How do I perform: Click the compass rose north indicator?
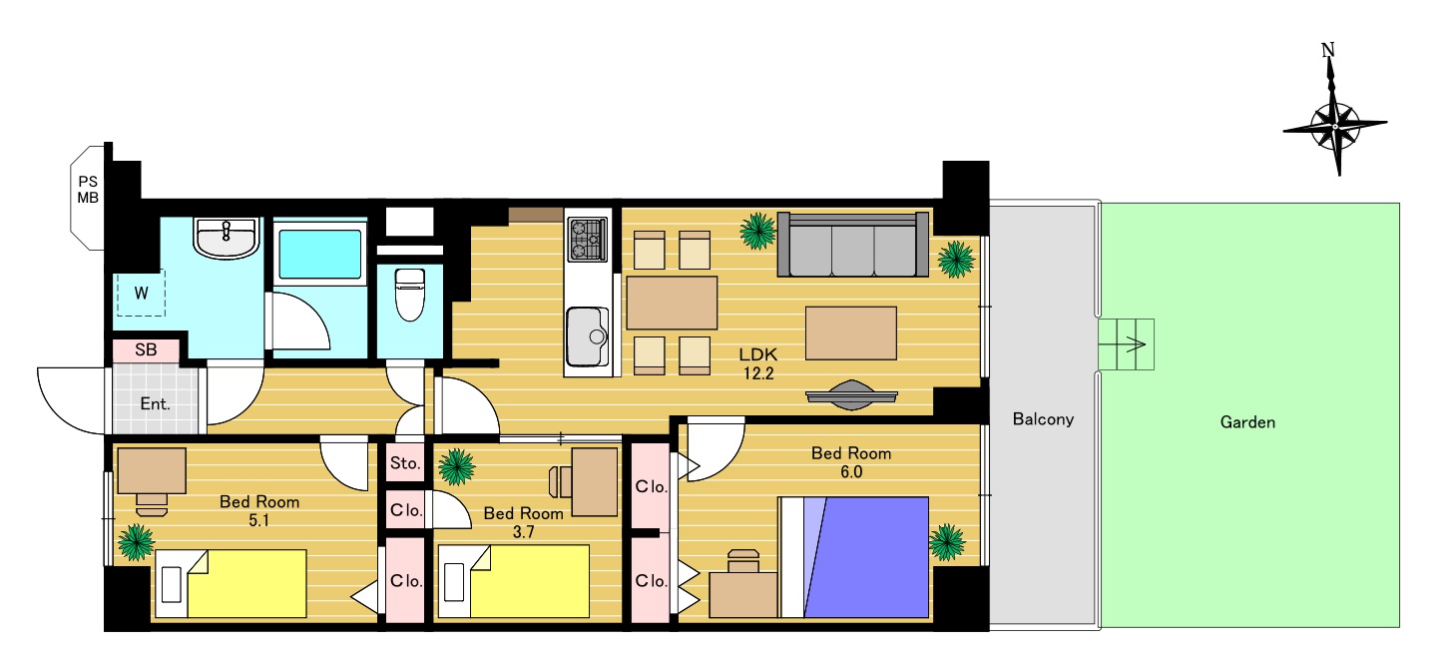tap(1328, 50)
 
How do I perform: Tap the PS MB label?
tap(88, 190)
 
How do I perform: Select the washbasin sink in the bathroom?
tap(226, 237)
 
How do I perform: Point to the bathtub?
tap(319, 254)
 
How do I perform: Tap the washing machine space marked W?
tap(141, 293)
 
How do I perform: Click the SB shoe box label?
tap(146, 349)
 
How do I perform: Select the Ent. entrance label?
tap(155, 404)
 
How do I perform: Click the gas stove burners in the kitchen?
tap(588, 239)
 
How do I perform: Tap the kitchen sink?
tap(587, 336)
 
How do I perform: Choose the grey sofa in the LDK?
tap(852, 245)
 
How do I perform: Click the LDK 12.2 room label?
tap(758, 363)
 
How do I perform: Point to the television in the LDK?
tap(851, 395)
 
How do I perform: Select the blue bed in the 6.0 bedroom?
tap(853, 557)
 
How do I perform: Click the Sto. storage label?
tap(405, 463)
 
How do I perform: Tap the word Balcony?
tap(1043, 419)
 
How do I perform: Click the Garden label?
tap(1247, 422)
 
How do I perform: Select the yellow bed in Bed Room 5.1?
tap(232, 583)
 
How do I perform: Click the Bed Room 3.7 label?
tap(523, 522)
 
